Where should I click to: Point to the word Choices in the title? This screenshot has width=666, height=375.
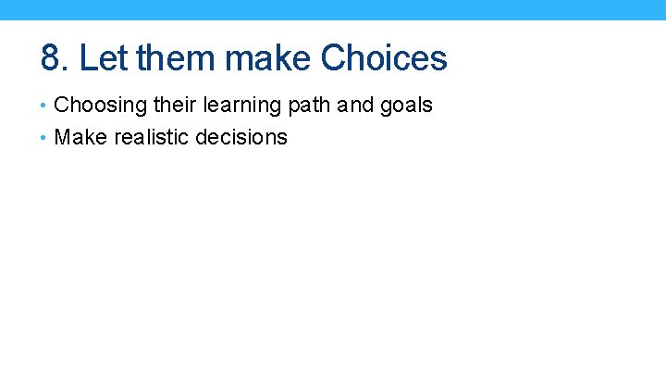(x=384, y=58)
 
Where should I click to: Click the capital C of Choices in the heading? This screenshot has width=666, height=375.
(x=334, y=58)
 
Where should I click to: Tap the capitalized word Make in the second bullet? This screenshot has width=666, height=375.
(x=78, y=138)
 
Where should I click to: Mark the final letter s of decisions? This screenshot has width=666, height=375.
(x=283, y=140)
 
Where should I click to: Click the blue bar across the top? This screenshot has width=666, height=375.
(x=333, y=9)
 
